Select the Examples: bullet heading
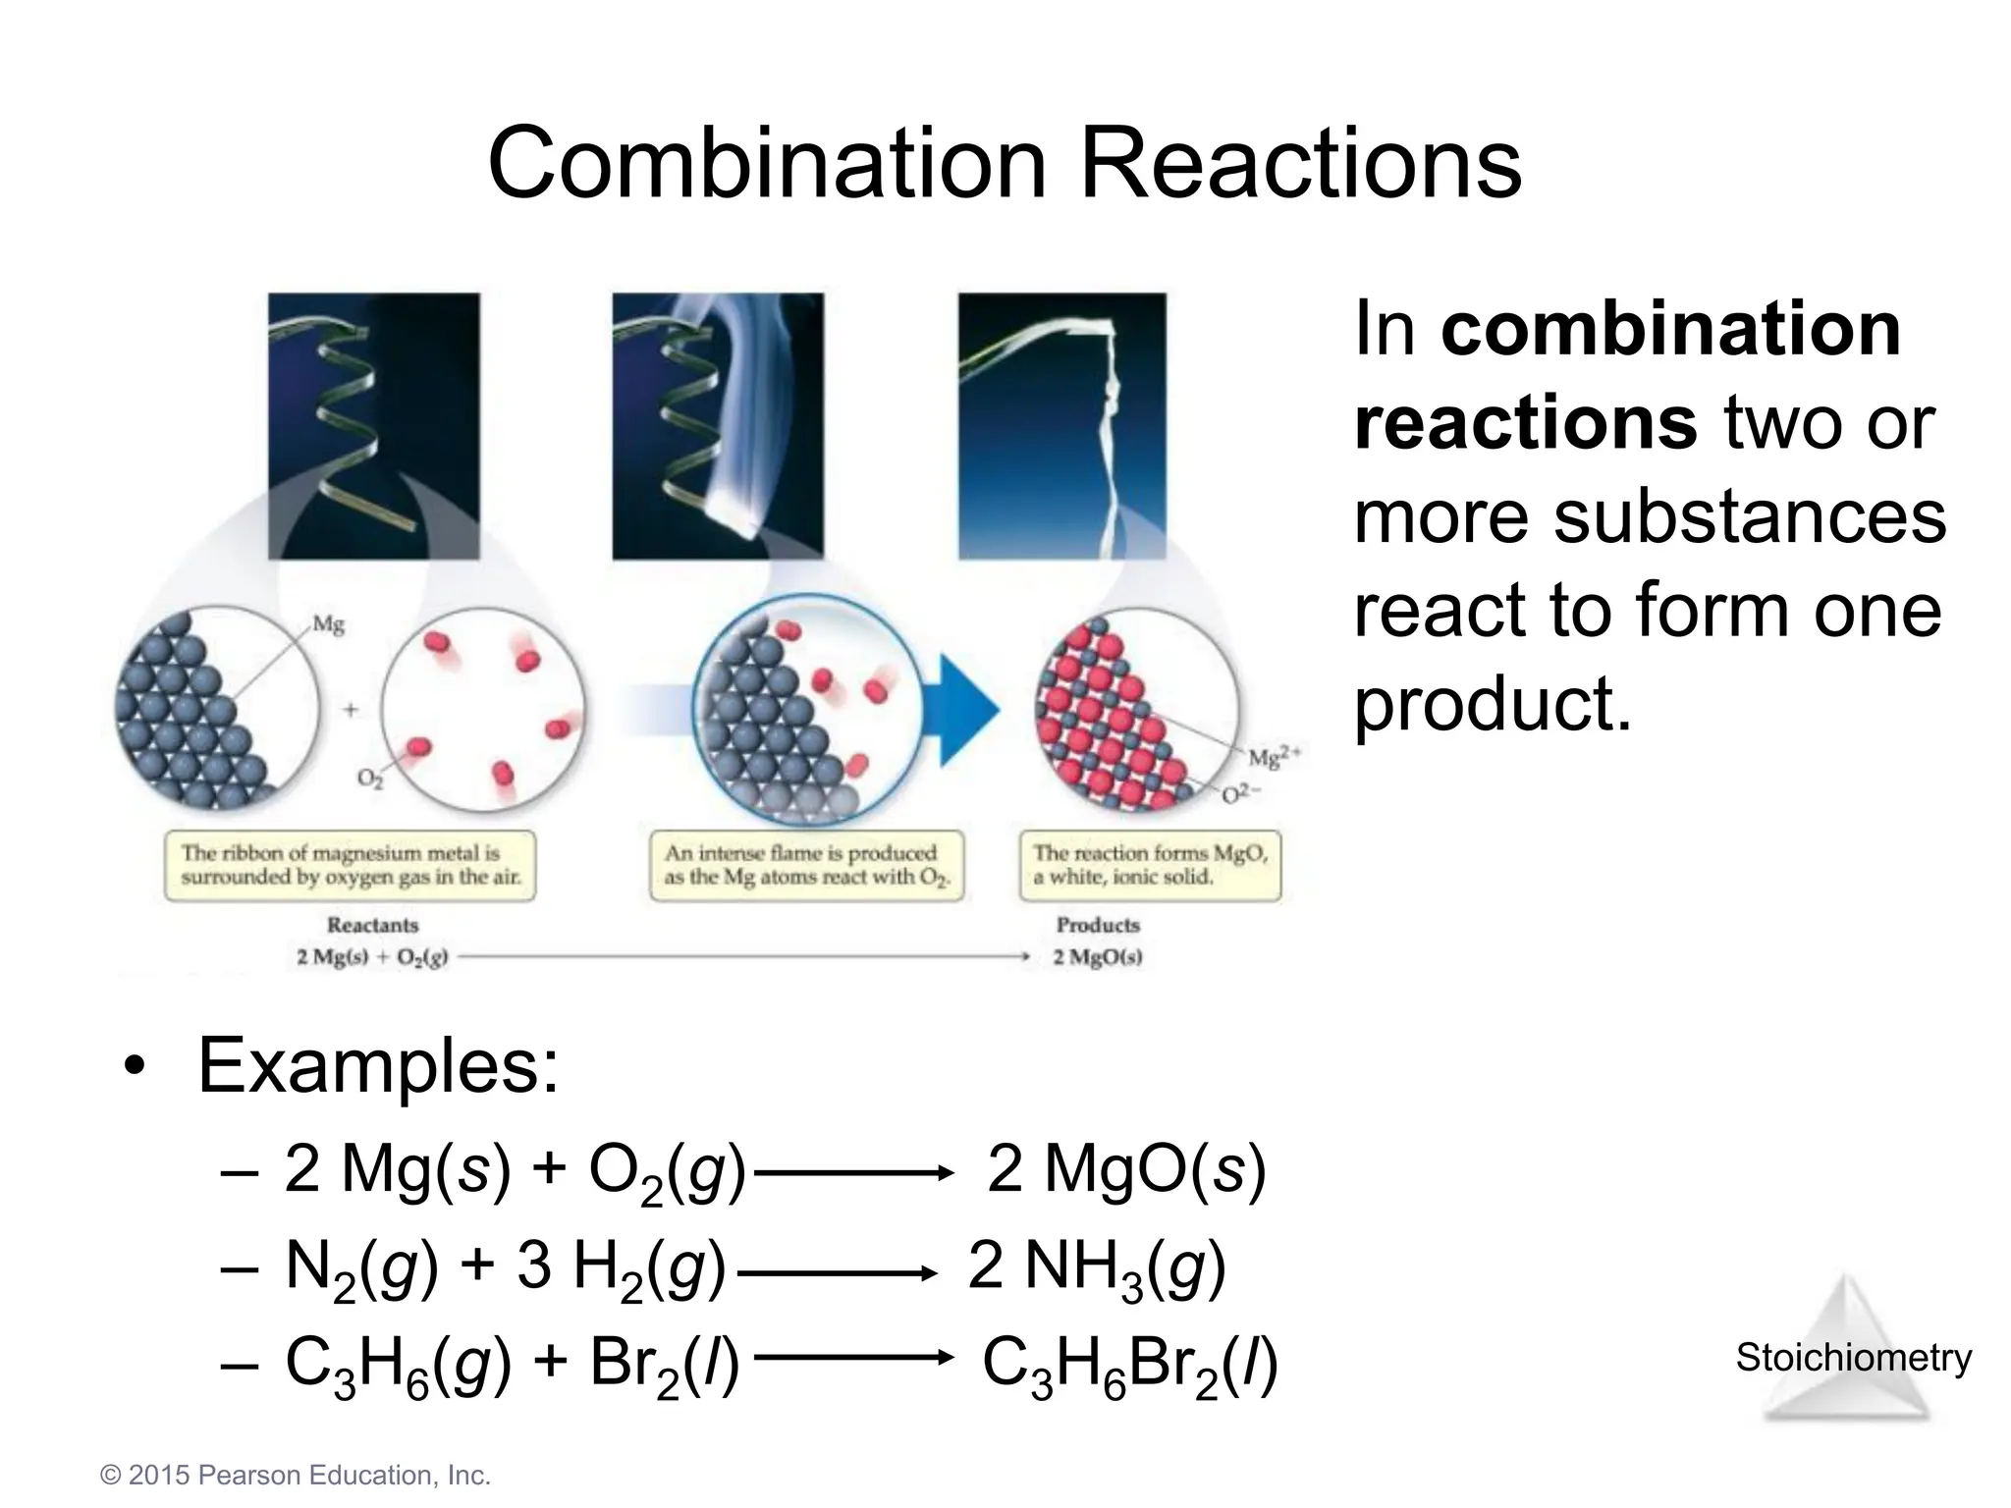[x=377, y=1065]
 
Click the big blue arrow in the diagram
[x=967, y=709]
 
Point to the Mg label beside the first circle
[x=329, y=624]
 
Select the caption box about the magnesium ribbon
[x=350, y=865]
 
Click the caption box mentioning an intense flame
[x=806, y=865]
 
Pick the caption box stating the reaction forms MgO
[x=1150, y=865]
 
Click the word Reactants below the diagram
[x=372, y=925]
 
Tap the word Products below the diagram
[x=1098, y=925]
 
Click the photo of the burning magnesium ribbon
[x=718, y=426]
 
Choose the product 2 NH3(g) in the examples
[x=1097, y=1266]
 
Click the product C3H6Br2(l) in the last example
[x=1129, y=1365]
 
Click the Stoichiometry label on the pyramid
[x=1853, y=1358]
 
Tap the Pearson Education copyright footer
[x=296, y=1476]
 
